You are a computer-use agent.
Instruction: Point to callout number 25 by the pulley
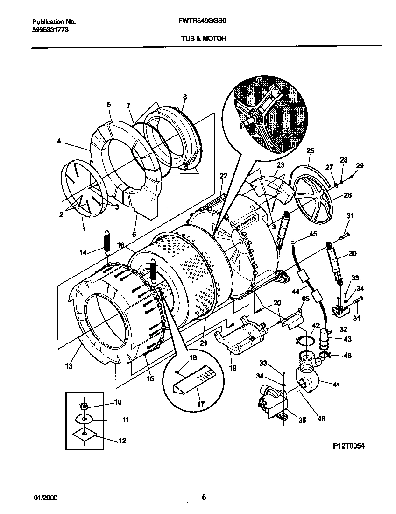pos(310,150)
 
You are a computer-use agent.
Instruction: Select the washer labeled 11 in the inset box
pos(85,419)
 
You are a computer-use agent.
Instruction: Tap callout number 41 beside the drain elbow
pos(335,385)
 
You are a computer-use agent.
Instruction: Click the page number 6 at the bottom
pos(204,497)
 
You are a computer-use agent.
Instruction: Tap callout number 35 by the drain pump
pos(302,420)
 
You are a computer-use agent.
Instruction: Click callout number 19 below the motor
pos(233,368)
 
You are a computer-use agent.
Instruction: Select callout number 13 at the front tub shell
pos(69,366)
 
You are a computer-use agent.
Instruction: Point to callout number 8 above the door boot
pos(184,97)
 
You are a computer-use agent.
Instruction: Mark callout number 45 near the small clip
pos(313,235)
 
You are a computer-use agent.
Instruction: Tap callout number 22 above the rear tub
pos(223,176)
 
